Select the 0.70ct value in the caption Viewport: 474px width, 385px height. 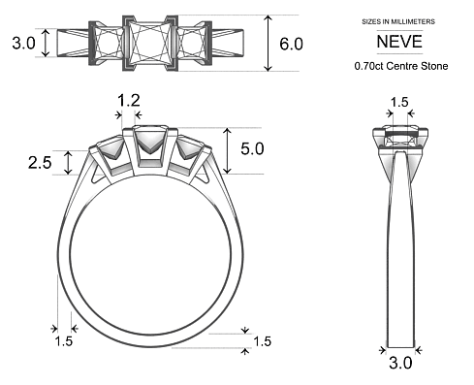[371, 67]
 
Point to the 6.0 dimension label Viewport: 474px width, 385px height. [292, 44]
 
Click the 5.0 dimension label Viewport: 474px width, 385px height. [252, 150]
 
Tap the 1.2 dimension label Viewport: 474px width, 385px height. [128, 100]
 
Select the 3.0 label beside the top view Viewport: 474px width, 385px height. [23, 44]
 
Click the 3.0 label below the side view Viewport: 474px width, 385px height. [400, 364]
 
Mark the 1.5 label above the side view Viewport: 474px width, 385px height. [398, 102]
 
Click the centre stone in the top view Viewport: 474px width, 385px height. [149, 44]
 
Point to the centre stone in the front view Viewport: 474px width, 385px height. [150, 145]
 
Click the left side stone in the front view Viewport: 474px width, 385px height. [111, 151]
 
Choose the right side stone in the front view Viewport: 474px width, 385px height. [191, 151]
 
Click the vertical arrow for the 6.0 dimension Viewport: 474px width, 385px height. [269, 44]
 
